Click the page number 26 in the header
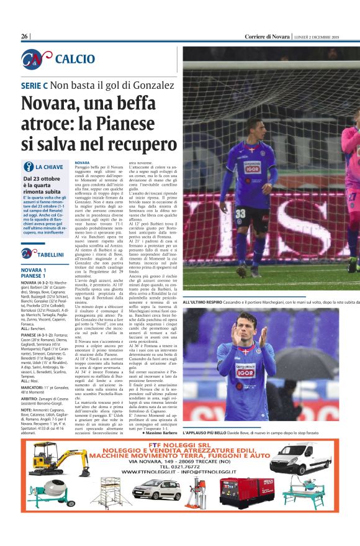pos(25,37)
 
